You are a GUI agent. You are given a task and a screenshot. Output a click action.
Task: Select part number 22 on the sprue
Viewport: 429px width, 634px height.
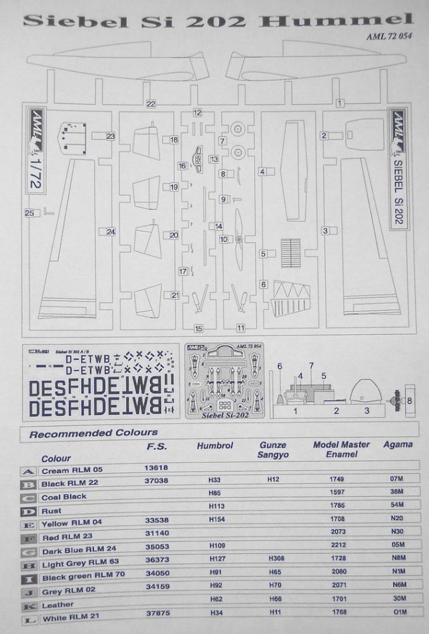(151, 103)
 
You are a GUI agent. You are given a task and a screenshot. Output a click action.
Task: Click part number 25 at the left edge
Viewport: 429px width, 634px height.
(29, 213)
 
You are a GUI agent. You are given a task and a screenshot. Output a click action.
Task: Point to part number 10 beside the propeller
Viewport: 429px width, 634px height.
(223, 239)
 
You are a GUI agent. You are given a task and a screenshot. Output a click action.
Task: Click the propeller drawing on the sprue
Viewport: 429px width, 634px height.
(239, 229)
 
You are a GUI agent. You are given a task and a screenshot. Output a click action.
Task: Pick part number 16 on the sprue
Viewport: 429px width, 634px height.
(182, 165)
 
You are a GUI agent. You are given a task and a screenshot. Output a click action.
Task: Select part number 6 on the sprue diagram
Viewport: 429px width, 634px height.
(264, 284)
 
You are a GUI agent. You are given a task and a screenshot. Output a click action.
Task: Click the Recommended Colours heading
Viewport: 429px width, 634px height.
(94, 433)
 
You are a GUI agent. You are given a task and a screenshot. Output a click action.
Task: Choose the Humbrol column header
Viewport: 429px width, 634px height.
(213, 446)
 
